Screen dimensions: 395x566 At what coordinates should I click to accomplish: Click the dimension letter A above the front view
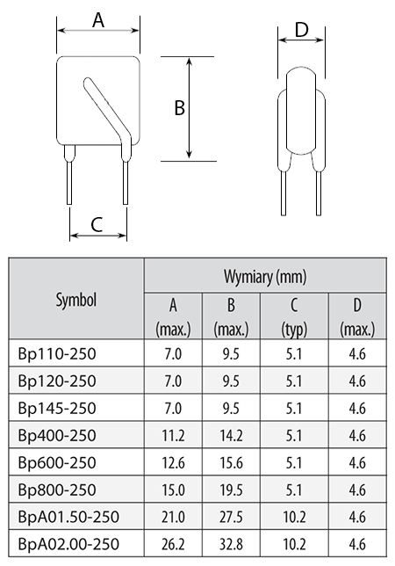98,20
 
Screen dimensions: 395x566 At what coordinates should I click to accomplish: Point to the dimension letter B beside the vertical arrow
179,107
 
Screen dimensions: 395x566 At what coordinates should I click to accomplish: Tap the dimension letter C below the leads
97,224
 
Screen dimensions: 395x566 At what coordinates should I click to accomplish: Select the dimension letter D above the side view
302,30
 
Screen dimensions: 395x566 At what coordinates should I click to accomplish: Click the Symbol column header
76,300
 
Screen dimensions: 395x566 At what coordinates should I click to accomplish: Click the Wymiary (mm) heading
265,277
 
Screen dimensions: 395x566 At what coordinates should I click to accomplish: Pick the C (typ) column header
294,317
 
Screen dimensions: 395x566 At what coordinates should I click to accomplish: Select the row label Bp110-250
57,353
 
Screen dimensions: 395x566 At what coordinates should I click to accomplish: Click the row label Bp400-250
57,435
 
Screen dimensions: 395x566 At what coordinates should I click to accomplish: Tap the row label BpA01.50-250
68,517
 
